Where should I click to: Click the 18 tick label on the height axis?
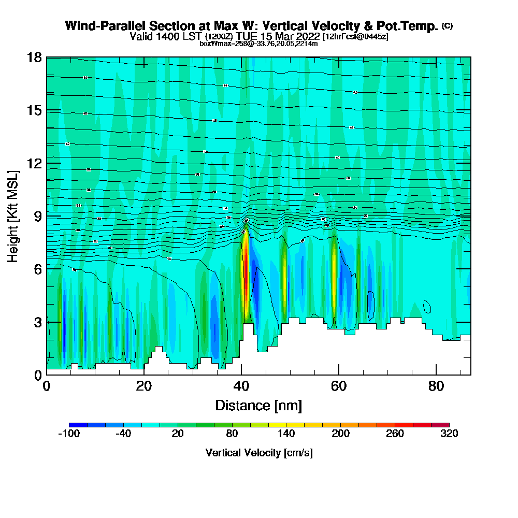pyautogui.click(x=34, y=57)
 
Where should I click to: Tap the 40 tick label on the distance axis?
pyautogui.click(x=241, y=386)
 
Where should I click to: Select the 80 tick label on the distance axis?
pyautogui.click(x=436, y=386)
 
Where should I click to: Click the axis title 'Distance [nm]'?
pyautogui.click(x=258, y=405)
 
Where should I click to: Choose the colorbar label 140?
pyautogui.click(x=286, y=434)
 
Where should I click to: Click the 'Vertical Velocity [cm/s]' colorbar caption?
pyautogui.click(x=259, y=453)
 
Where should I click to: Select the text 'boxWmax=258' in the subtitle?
pyautogui.click(x=220, y=44)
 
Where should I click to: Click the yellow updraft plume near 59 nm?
pyautogui.click(x=335, y=275)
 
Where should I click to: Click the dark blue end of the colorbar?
pyautogui.click(x=78, y=425)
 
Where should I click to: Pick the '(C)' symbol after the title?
pyautogui.click(x=447, y=26)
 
